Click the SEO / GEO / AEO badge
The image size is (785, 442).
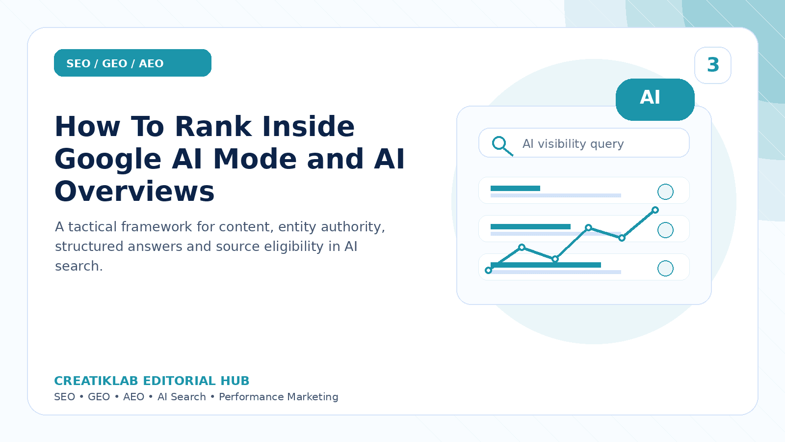click(132, 63)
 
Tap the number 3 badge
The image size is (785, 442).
click(713, 65)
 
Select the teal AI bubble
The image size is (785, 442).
click(655, 99)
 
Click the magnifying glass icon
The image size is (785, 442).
click(502, 146)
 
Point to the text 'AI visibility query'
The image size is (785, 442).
click(573, 144)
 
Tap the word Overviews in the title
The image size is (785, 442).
click(134, 192)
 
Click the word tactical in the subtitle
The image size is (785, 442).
click(93, 226)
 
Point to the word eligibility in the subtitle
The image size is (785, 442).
click(294, 247)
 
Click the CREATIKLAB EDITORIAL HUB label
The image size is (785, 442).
click(152, 381)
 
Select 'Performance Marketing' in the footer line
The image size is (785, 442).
click(279, 397)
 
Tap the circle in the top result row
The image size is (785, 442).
click(665, 192)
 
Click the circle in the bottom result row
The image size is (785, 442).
click(665, 268)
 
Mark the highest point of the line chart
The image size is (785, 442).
click(655, 210)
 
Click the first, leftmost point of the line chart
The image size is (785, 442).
click(488, 270)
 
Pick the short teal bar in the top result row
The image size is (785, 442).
click(515, 189)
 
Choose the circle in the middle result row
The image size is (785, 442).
click(665, 230)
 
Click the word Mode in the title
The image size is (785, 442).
click(255, 159)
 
